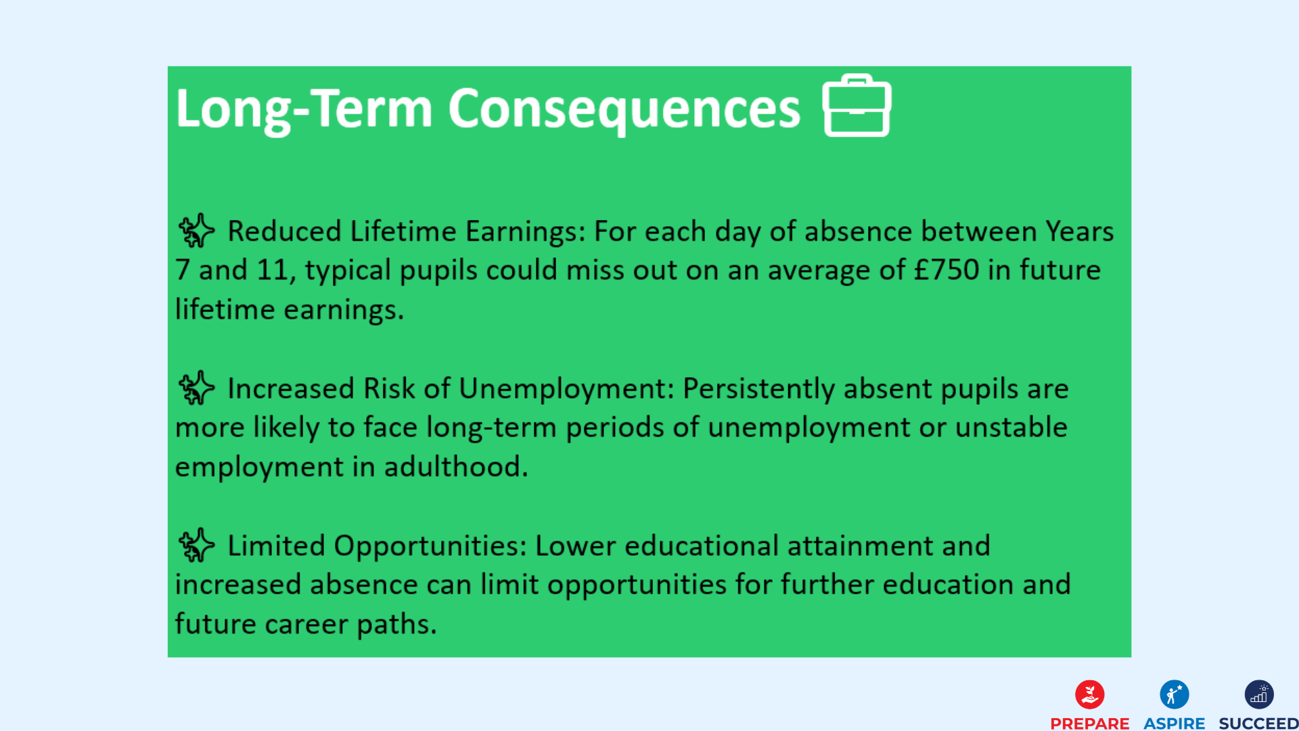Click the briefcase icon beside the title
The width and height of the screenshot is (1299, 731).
857,106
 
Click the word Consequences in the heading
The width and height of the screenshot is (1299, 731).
624,108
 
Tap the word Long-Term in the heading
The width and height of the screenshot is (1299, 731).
304,108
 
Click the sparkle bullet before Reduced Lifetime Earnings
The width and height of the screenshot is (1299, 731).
196,231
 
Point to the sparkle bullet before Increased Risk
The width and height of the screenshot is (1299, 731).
196,388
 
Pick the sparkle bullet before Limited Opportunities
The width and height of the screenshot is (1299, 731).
196,545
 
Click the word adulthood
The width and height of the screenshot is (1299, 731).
456,466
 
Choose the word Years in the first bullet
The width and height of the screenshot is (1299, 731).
1079,231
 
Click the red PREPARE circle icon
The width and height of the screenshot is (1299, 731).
1089,694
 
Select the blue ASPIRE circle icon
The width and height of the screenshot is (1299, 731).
1174,694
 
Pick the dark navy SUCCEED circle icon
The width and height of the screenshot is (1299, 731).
1258,694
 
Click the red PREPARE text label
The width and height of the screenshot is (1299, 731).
1089,724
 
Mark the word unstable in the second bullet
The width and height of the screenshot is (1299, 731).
1011,427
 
